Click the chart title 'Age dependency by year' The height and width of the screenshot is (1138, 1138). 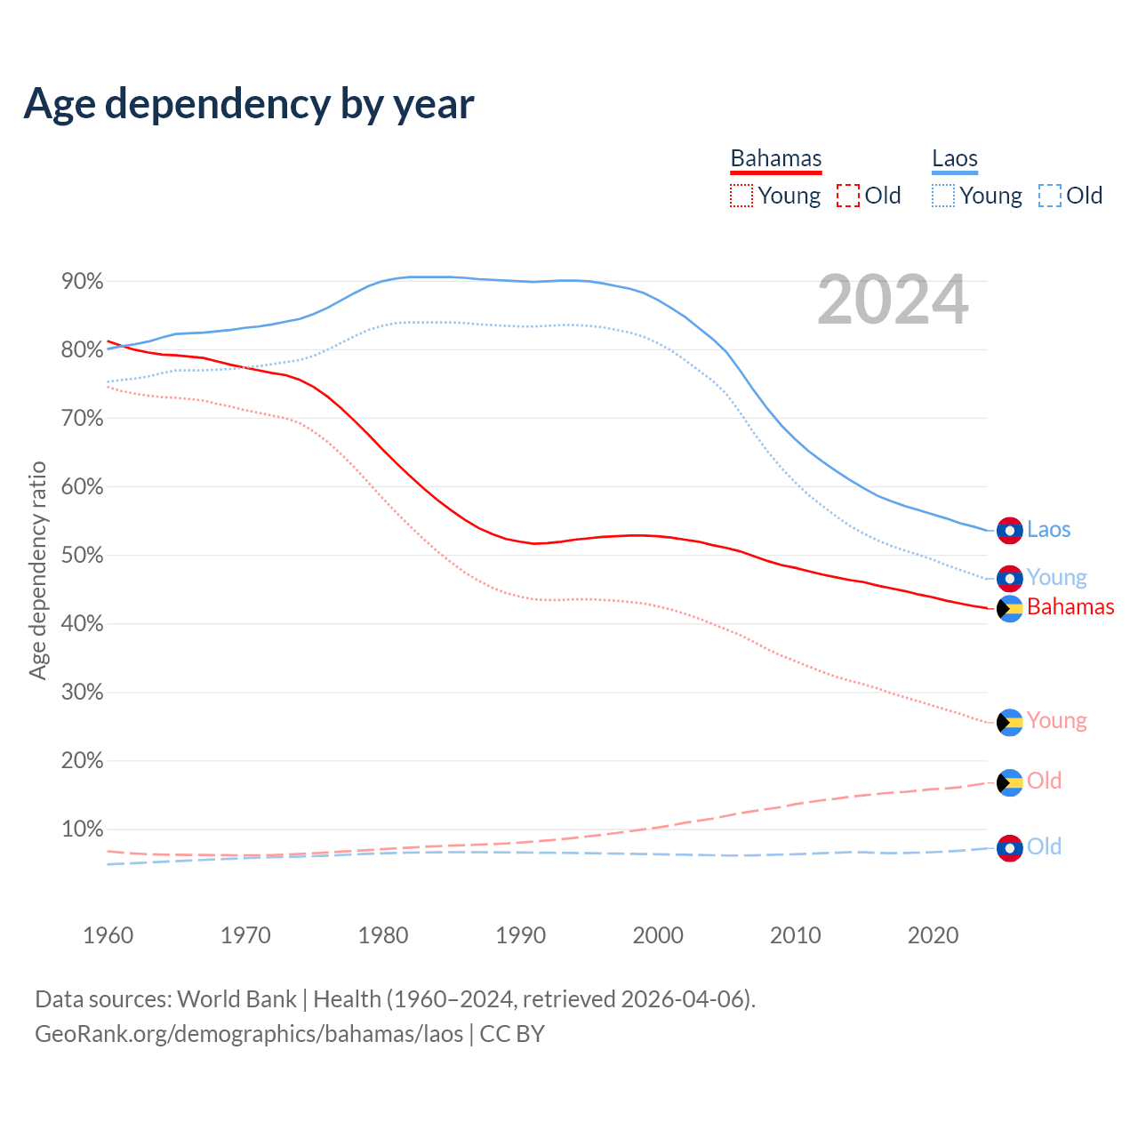[249, 103]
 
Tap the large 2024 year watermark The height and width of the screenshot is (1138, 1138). [892, 300]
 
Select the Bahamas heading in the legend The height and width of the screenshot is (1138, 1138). [776, 159]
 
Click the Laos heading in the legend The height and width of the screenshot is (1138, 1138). [955, 159]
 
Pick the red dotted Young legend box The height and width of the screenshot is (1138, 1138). [741, 196]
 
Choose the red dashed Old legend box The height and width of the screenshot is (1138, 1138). [848, 196]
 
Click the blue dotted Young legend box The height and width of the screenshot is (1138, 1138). [943, 196]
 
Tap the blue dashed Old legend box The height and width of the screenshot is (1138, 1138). [1050, 196]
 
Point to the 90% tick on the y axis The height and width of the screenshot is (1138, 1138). [83, 282]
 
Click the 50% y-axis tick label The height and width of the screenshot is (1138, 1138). [83, 556]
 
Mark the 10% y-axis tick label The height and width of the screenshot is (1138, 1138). [83, 829]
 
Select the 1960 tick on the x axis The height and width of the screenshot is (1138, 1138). [108, 935]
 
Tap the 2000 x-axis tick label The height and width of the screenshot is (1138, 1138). [658, 935]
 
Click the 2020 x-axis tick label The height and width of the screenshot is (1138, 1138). [933, 935]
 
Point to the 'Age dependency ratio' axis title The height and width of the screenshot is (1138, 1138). [37, 570]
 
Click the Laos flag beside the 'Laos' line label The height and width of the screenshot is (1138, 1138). [1010, 531]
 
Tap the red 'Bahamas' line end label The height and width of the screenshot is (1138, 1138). [1070, 607]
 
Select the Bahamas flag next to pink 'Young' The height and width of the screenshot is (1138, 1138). [1010, 723]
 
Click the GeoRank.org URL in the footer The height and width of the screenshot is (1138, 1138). [249, 1034]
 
